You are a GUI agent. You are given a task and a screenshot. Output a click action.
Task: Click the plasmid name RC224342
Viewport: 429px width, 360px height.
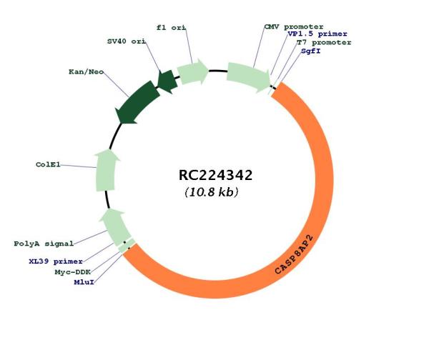[215, 175]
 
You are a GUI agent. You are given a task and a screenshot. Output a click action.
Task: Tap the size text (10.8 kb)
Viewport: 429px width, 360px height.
[212, 192]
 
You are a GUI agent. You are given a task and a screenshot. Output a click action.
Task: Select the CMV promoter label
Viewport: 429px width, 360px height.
[294, 27]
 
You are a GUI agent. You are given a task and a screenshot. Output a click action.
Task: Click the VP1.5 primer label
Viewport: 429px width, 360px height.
[317, 34]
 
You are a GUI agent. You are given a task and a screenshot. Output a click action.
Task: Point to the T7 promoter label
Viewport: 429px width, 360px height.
[324, 42]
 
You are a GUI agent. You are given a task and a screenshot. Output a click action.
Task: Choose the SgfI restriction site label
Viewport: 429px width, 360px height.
[311, 51]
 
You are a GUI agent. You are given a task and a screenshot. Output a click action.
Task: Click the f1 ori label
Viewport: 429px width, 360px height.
[172, 28]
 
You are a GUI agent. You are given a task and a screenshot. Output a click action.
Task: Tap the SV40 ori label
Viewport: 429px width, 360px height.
[127, 41]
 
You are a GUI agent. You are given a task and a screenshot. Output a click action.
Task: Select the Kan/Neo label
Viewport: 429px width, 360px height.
[87, 72]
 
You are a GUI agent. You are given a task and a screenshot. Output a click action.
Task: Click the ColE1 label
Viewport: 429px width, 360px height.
[48, 164]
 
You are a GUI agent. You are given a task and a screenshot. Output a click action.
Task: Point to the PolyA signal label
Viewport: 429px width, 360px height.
[44, 244]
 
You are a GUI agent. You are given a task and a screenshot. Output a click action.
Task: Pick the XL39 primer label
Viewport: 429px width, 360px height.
[56, 261]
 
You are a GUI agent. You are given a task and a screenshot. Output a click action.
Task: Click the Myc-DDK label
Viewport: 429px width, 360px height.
[72, 272]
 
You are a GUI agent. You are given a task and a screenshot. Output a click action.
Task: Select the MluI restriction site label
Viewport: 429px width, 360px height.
[84, 282]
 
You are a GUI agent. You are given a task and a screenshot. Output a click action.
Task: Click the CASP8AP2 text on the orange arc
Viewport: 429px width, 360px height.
[294, 254]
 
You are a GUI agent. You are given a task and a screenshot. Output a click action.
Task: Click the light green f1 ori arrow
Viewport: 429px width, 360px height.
[193, 72]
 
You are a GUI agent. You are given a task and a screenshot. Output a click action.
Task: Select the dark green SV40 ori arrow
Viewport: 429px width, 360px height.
[167, 81]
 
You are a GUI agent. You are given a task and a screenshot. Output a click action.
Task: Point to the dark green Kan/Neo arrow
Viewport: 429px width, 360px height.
[137, 104]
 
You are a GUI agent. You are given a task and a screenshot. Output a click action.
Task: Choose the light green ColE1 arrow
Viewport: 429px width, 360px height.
[106, 171]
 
